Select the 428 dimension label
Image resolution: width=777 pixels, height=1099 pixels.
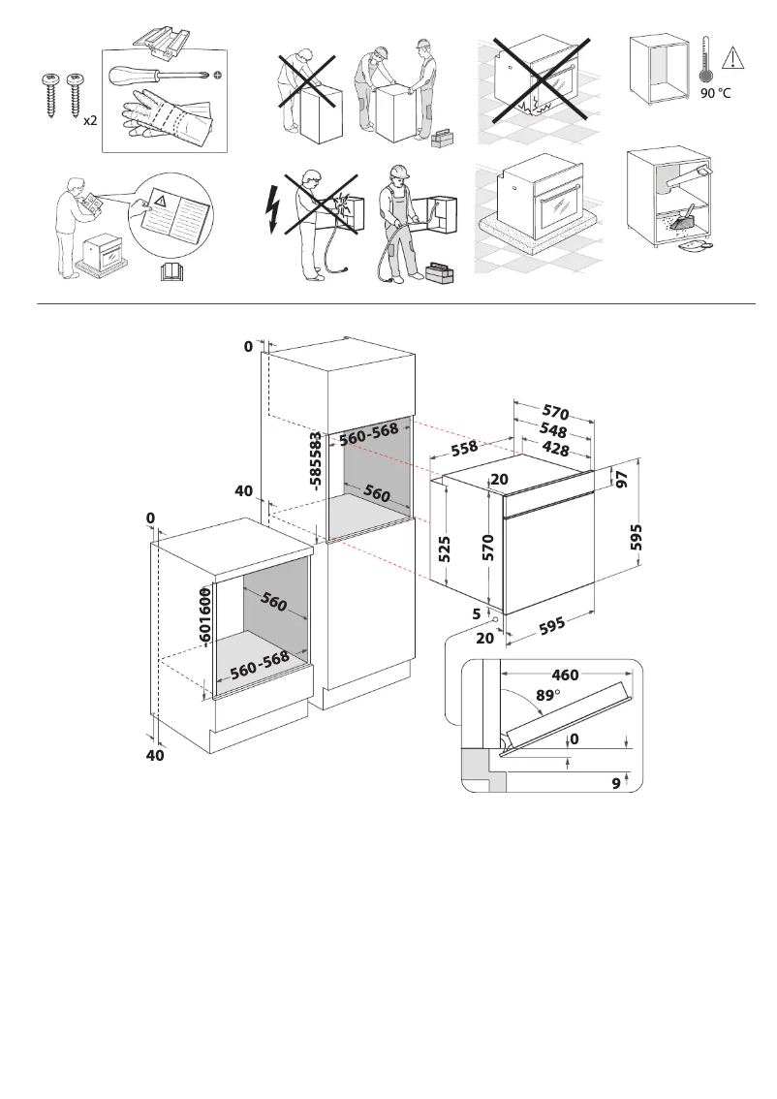[x=555, y=449]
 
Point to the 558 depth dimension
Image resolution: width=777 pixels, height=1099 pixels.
[x=464, y=448]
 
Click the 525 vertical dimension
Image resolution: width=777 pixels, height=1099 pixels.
[x=445, y=549]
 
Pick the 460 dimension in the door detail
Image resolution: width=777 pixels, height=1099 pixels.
[x=565, y=675]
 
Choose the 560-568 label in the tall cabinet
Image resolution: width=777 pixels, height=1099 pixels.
[x=369, y=435]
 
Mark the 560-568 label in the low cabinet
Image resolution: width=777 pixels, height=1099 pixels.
[x=260, y=664]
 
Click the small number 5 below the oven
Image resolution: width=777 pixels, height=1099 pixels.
[x=477, y=612]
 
